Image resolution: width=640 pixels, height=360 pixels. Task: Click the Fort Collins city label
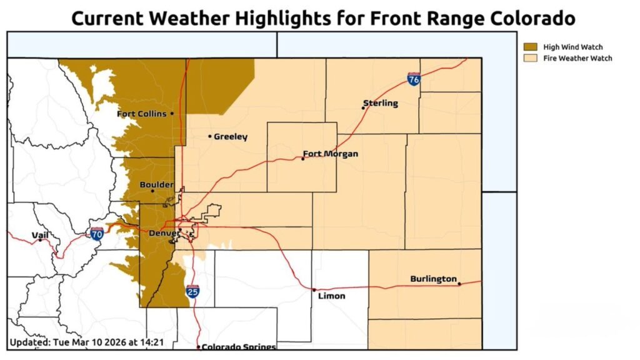click(141, 114)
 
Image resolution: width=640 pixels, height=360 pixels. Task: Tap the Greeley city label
click(231, 136)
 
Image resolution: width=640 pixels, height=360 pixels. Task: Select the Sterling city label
click(380, 103)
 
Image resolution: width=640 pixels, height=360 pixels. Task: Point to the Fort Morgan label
click(330, 154)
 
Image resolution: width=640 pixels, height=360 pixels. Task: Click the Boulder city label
click(157, 184)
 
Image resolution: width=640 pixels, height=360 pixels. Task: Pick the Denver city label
click(162, 233)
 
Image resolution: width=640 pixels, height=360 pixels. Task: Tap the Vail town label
click(39, 235)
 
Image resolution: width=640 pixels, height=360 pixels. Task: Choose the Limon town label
click(331, 296)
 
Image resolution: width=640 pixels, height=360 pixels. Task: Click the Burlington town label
click(433, 279)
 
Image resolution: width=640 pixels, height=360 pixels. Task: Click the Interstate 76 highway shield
click(413, 79)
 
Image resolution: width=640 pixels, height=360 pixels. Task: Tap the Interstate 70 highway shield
click(97, 234)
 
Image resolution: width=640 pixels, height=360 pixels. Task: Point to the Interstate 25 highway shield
click(192, 291)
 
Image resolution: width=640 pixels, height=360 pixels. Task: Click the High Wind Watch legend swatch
click(531, 47)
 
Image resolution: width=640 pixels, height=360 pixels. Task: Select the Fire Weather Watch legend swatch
click(531, 58)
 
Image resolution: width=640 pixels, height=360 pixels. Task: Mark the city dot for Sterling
click(363, 107)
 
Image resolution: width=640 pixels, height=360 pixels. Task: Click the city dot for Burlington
click(459, 284)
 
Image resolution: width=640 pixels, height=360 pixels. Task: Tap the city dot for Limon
click(314, 290)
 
